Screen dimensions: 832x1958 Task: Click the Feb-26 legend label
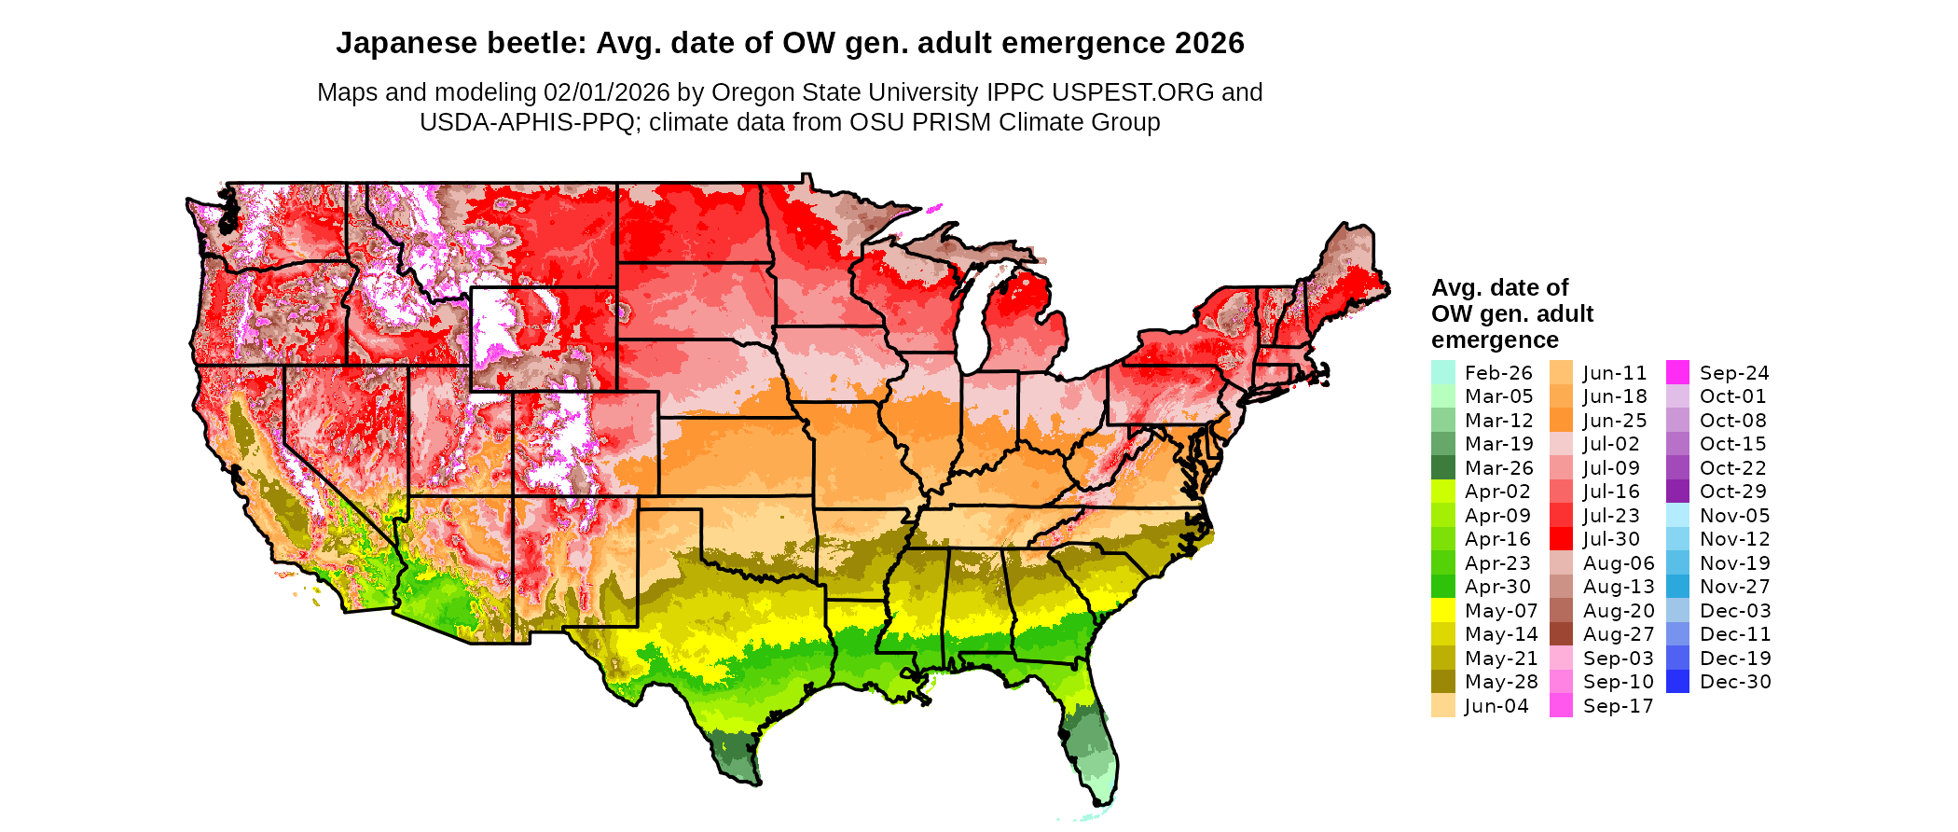click(1498, 373)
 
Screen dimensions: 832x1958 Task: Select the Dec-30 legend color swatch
click(1677, 682)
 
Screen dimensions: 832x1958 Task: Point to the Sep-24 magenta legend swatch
click(1677, 373)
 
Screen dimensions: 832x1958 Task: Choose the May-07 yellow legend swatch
click(1443, 611)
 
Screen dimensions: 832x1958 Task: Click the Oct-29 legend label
click(1733, 492)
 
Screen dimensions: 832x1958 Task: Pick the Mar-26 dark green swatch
click(1443, 468)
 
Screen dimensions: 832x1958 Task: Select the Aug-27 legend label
click(1619, 634)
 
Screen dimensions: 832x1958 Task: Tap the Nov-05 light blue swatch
click(1677, 516)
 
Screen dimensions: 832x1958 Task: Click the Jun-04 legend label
click(1496, 706)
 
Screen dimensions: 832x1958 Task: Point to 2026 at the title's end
click(1209, 44)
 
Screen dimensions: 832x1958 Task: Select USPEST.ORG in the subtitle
click(1133, 92)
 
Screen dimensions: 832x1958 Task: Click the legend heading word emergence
click(1495, 340)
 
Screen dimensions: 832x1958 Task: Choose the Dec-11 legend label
click(1735, 634)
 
